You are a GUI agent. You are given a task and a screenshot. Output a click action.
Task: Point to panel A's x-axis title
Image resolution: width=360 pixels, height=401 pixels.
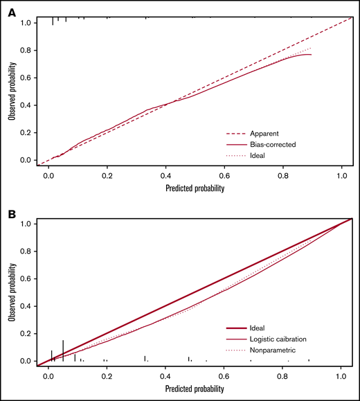(194, 187)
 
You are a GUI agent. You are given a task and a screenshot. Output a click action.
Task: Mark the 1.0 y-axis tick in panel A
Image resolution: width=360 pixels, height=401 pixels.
(25, 23)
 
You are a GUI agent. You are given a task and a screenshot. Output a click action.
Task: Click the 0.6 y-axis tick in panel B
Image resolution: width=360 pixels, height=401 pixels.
(25, 278)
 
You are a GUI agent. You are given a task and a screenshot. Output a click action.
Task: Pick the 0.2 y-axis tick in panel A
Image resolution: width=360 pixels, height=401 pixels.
(25, 133)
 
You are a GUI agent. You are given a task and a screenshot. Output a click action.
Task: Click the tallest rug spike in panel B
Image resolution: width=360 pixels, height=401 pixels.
(63, 350)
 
